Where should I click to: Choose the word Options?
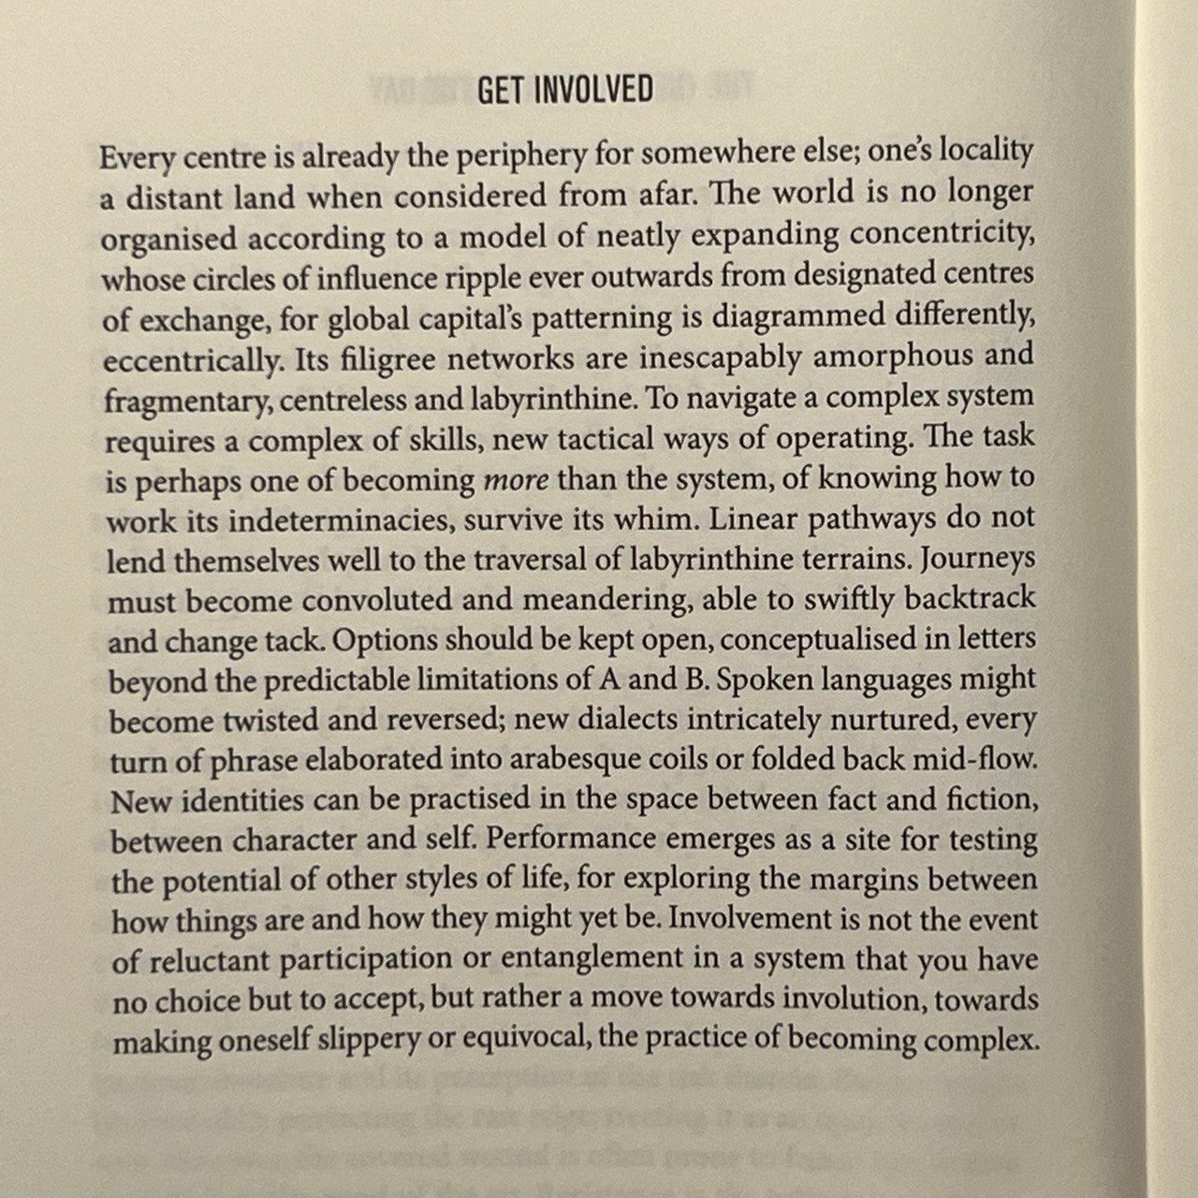point(386,641)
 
